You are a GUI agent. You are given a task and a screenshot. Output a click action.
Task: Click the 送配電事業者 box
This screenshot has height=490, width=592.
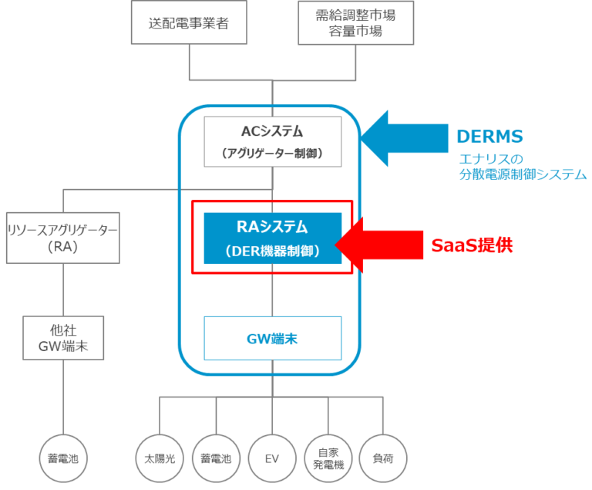[x=189, y=22]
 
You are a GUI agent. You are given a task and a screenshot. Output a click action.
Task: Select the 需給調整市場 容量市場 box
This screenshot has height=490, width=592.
[x=355, y=22]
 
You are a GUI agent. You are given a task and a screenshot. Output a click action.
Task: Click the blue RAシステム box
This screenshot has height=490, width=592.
[x=272, y=238]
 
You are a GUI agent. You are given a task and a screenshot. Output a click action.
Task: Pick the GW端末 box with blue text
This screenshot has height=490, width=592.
[x=272, y=337]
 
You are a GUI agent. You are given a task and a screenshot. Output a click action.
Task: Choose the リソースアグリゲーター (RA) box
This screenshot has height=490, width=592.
[x=62, y=238]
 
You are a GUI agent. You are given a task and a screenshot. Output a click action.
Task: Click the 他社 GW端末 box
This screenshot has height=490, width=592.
[x=62, y=338]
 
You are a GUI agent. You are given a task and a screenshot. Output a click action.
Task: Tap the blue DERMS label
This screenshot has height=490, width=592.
[x=490, y=137]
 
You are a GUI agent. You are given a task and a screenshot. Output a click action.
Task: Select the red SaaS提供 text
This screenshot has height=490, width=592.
[x=472, y=245]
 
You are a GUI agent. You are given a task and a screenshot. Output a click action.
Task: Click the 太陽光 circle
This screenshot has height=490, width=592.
[x=160, y=458]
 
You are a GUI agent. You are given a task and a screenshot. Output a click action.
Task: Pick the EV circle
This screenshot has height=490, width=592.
[x=271, y=458]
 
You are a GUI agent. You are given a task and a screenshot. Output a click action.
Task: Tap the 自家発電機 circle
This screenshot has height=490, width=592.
[x=328, y=458]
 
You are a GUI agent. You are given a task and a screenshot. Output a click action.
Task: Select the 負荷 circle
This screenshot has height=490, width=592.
[x=383, y=458]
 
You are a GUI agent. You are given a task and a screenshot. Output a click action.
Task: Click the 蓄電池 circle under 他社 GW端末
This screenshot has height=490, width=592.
[x=62, y=458]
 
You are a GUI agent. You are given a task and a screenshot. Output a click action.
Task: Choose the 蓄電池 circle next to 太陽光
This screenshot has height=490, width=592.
[x=216, y=458]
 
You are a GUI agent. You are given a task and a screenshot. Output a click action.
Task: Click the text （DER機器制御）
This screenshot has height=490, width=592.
[x=272, y=251]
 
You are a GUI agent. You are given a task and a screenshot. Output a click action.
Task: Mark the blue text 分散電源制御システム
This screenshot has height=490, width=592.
[x=521, y=175]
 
